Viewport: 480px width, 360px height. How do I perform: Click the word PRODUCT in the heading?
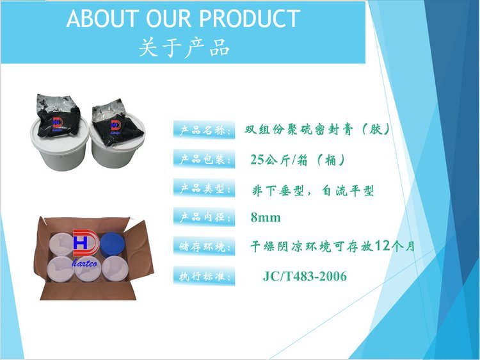[250, 19]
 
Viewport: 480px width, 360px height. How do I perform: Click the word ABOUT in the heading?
[101, 19]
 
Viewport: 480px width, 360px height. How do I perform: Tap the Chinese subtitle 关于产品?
[184, 48]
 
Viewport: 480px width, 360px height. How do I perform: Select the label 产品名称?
[204, 130]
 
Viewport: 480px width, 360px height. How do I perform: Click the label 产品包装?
[204, 159]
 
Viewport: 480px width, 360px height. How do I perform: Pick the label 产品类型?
[204, 188]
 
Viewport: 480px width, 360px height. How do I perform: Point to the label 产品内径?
[204, 217]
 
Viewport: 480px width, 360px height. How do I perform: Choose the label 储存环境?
[204, 247]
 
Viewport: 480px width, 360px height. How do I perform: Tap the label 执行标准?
[204, 276]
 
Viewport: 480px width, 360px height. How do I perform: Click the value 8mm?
[266, 218]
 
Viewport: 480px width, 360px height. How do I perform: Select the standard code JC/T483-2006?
[305, 276]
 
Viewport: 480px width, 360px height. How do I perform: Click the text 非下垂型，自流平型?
[312, 191]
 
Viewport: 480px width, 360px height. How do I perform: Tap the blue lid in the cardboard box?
[113, 245]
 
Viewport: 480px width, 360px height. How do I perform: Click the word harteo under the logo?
[84, 263]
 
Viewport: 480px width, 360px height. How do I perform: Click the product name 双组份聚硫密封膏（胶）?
[317, 130]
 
